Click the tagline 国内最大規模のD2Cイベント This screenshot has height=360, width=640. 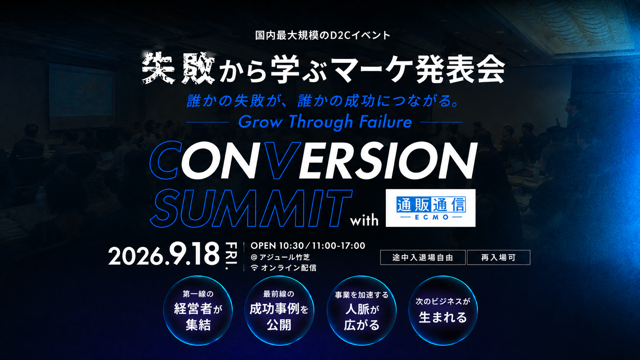click(x=323, y=36)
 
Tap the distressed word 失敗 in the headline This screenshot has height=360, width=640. click(x=178, y=68)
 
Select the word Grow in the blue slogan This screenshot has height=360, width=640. click(x=260, y=122)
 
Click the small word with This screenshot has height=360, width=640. click(x=364, y=220)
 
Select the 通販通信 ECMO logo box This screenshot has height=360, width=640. click(x=431, y=208)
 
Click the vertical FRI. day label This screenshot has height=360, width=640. click(x=232, y=256)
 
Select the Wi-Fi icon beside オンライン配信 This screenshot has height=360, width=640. click(x=254, y=268)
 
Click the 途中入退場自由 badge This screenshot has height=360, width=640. click(x=423, y=257)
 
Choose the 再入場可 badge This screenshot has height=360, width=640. click(x=499, y=257)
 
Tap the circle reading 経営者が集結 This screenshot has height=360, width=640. click(x=198, y=310)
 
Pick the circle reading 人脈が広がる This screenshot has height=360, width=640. click(x=361, y=310)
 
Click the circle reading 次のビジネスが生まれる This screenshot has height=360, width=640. click(x=443, y=310)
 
